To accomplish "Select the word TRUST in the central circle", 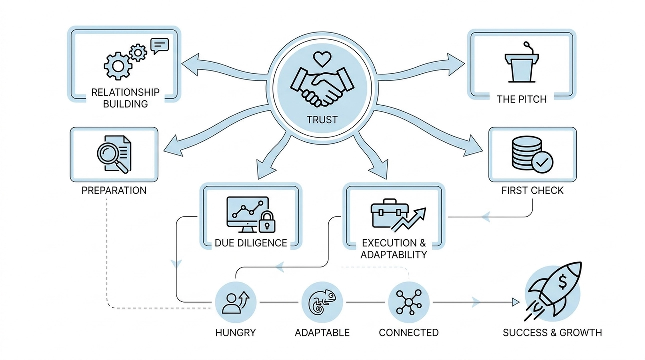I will click(x=322, y=120).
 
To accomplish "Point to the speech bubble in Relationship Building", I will click(x=160, y=46).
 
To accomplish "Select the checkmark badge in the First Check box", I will click(x=542, y=161).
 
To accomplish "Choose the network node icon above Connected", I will click(x=408, y=302).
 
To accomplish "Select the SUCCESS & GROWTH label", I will click(x=552, y=332).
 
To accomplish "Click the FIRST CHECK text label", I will click(x=532, y=191).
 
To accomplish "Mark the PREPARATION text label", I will click(x=114, y=191).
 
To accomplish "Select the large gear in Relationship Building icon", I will click(x=117, y=66).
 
